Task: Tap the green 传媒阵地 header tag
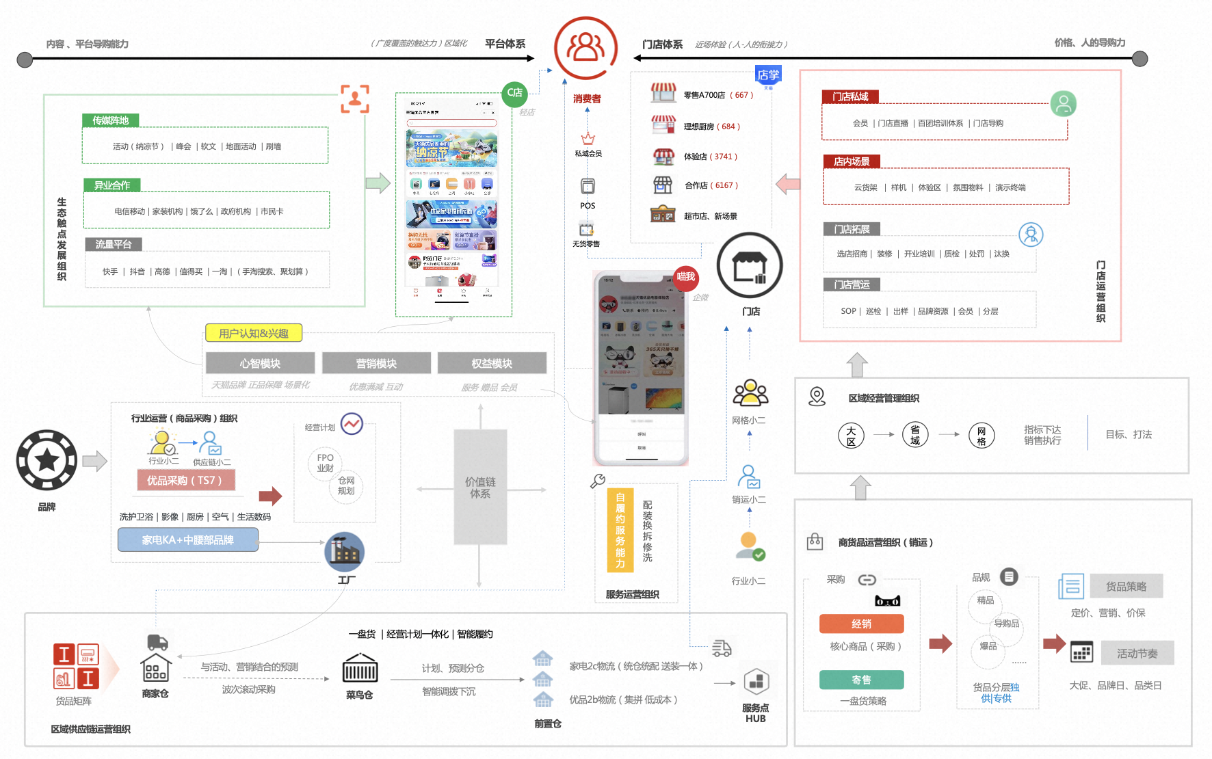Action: pos(111,120)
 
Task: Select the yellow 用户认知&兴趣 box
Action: pos(254,333)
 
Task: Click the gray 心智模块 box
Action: pos(260,363)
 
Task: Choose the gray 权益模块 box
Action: pos(492,363)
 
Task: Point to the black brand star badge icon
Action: pos(47,460)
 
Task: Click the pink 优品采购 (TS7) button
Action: pos(186,480)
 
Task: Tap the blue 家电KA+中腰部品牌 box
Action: pos(188,540)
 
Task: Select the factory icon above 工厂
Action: pos(345,551)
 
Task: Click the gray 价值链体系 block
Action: pos(480,487)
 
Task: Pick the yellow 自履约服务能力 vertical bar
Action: pos(620,530)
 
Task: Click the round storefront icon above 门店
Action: pos(750,265)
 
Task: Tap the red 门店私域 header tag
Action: pos(850,96)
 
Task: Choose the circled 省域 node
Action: pos(915,434)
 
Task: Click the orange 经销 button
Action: pos(861,624)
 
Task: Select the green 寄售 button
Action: pos(861,680)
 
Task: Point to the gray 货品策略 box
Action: pos(1126,586)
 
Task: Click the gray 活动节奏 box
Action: pos(1137,653)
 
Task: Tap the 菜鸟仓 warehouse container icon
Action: pos(360,669)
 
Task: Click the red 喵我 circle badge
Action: pos(685,277)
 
